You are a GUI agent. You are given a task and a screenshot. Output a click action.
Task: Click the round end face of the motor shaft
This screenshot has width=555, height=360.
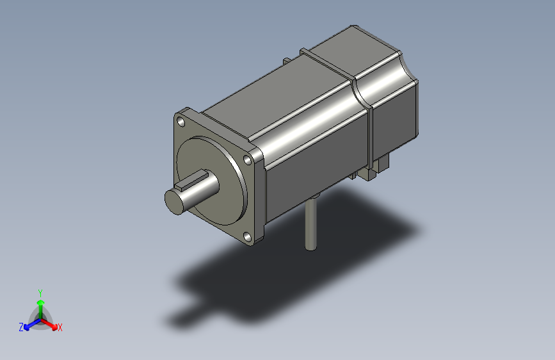coord(175,202)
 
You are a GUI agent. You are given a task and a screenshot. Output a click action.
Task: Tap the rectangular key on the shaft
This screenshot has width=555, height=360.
coord(192,179)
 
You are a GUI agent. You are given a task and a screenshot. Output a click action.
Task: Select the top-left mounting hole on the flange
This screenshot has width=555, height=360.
coord(181,122)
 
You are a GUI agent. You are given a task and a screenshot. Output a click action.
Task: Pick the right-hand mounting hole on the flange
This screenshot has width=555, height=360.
coord(248,160)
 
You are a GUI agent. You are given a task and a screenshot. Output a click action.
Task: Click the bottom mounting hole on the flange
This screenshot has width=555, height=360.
coord(248,237)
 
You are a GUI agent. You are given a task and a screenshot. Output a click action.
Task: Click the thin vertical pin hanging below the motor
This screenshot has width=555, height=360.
coord(310,224)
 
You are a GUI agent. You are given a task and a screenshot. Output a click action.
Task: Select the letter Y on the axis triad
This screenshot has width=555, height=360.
coord(40,293)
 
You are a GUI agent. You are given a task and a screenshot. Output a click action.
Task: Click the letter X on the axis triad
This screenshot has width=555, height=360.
coord(60,328)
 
